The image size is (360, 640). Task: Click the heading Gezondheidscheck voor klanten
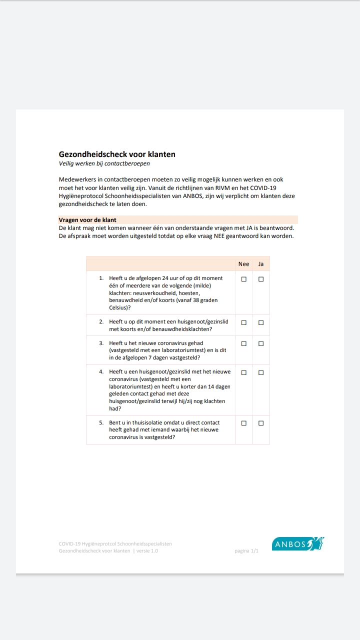tap(117, 154)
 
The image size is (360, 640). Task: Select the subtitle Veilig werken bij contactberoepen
tap(104, 163)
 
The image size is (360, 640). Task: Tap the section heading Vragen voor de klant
tap(87, 220)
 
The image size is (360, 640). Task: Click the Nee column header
tap(243, 264)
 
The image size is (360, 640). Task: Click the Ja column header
tap(261, 264)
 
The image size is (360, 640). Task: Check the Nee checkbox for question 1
tap(244, 279)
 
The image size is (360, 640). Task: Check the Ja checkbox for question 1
tap(261, 279)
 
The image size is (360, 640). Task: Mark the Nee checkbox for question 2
tap(244, 323)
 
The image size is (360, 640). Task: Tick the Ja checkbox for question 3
tap(261, 343)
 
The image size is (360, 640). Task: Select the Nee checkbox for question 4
tap(244, 372)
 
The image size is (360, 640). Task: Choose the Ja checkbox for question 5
tap(261, 423)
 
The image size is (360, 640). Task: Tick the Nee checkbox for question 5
tap(244, 423)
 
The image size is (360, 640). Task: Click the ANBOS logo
tap(298, 544)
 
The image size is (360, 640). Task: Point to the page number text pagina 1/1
tap(246, 551)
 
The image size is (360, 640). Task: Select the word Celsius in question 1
tap(119, 308)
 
